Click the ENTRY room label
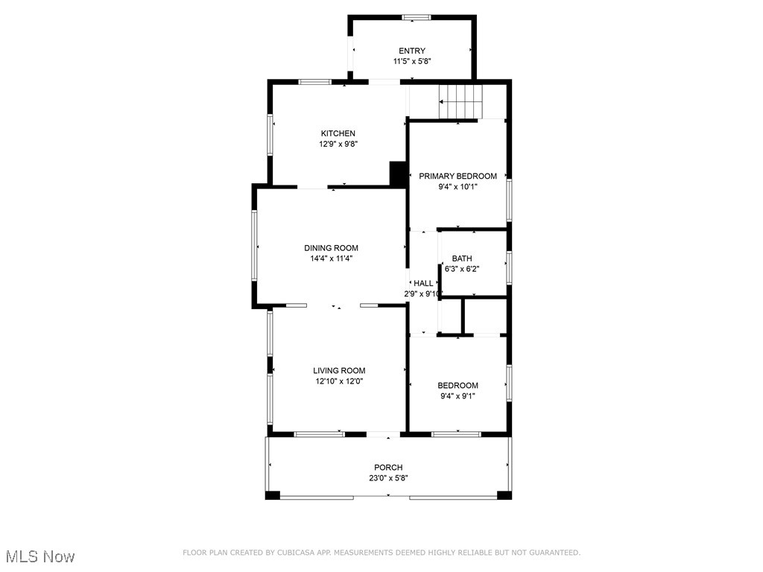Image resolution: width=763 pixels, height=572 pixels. click(412, 51)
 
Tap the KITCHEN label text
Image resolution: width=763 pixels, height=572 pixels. click(338, 134)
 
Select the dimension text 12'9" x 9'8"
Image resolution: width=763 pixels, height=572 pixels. click(338, 145)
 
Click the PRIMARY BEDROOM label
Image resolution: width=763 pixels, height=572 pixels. click(458, 177)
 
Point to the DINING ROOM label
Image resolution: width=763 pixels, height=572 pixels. click(331, 248)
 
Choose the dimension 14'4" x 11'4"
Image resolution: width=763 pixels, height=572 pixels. click(331, 259)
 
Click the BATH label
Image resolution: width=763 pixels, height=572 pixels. click(462, 258)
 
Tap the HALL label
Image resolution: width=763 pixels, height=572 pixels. click(423, 283)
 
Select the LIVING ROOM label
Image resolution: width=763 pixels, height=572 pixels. click(339, 370)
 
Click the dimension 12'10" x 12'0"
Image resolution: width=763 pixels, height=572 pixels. click(339, 381)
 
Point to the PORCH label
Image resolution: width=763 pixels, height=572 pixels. click(388, 468)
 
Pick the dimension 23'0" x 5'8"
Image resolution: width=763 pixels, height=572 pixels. click(388, 479)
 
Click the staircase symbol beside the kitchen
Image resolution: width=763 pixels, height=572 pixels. click(460, 101)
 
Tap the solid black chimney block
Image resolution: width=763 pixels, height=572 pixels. click(398, 174)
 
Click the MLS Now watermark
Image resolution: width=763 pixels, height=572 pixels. click(40, 556)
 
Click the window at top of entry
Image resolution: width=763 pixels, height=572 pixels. click(416, 17)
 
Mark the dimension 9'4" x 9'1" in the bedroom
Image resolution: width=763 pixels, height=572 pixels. click(458, 396)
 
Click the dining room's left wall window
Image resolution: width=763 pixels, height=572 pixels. click(255, 246)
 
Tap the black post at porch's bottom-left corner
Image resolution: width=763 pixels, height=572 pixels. click(273, 495)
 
